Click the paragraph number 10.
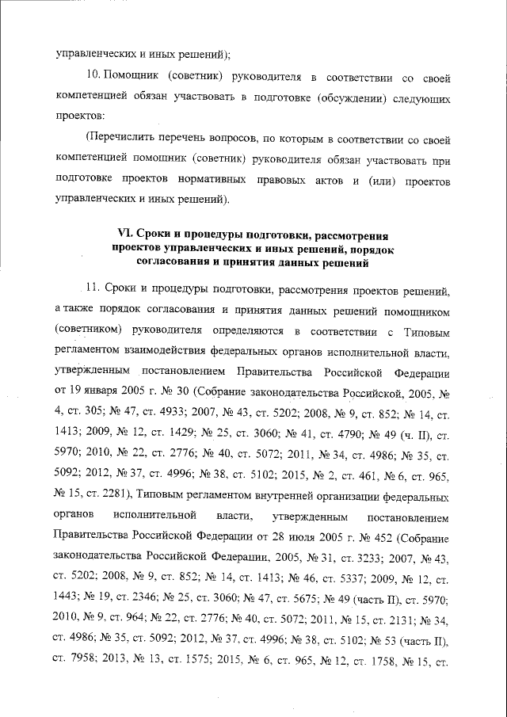pos(93,77)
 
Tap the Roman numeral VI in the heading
pos(124,233)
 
